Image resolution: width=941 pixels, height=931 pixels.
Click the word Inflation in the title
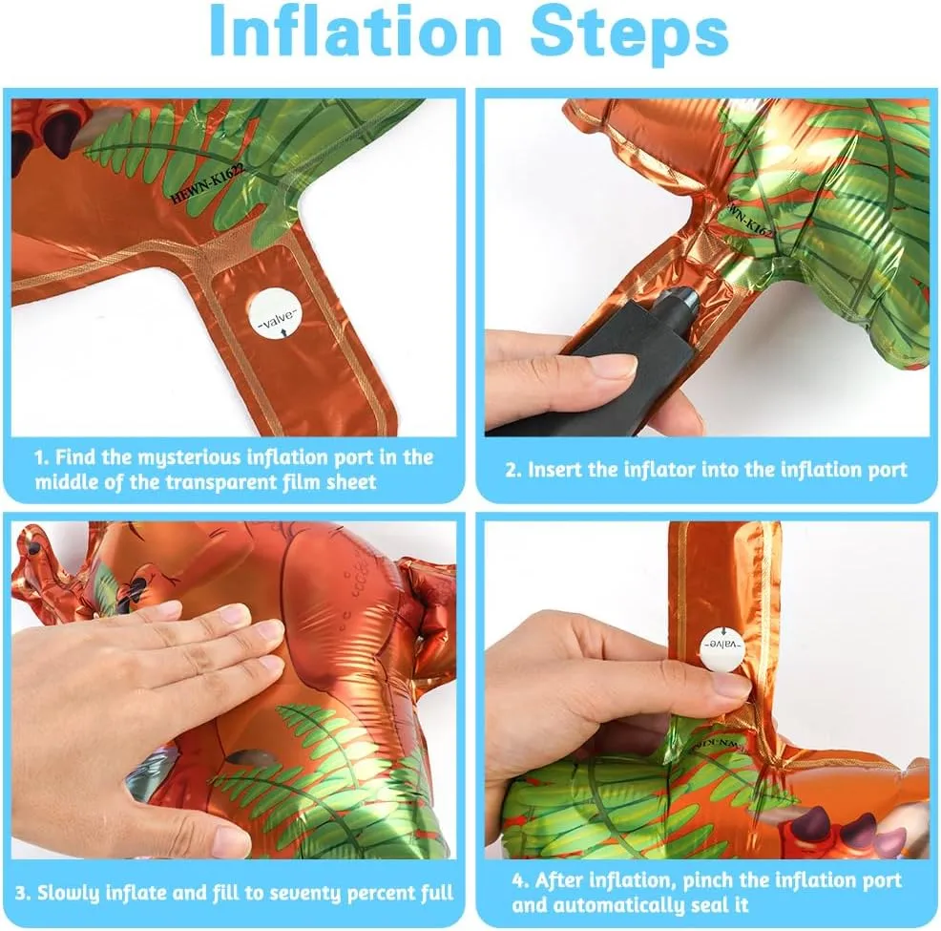[355, 32]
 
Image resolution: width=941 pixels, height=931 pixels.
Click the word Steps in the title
[629, 34]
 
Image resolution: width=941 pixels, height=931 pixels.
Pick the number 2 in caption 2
[510, 470]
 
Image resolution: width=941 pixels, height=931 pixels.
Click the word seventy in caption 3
[300, 893]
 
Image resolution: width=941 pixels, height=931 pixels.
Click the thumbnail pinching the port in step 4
[728, 684]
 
